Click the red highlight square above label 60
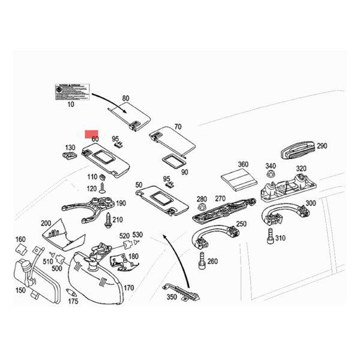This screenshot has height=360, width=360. [92, 134]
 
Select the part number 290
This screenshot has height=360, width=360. [322, 146]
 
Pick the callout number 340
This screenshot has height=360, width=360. [271, 166]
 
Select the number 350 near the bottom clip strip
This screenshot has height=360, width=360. [172, 297]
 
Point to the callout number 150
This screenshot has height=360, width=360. [20, 290]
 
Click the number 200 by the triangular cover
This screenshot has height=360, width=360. [46, 223]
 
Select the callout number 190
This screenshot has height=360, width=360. [121, 204]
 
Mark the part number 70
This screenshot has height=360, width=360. [178, 127]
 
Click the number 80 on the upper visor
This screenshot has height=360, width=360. [125, 98]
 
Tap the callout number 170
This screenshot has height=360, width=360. [128, 288]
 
